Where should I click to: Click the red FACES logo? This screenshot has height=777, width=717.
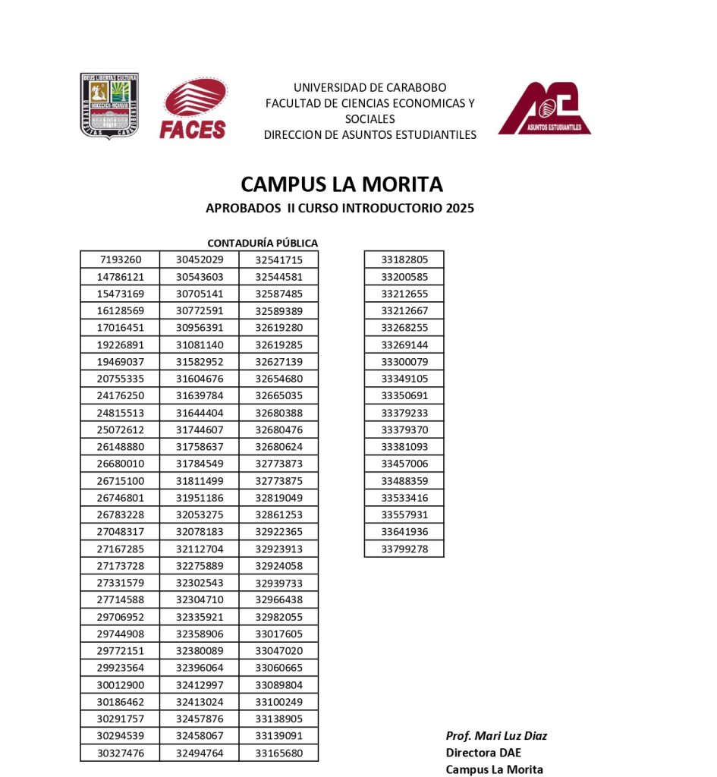[x=193, y=110]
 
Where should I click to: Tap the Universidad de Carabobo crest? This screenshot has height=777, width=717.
[x=109, y=105]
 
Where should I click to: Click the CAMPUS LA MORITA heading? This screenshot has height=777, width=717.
[x=341, y=184]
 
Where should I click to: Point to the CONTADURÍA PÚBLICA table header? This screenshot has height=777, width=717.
[x=263, y=243]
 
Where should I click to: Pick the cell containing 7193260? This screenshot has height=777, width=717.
[x=121, y=260]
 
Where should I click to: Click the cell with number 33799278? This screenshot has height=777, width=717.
[x=404, y=549]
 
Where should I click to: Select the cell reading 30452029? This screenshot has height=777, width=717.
[x=200, y=260]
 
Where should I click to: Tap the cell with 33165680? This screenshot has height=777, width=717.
[x=278, y=753]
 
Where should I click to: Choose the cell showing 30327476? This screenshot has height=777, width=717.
[x=121, y=753]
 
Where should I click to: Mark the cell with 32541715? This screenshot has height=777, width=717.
[x=278, y=260]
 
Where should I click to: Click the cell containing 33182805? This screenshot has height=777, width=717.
[x=404, y=260]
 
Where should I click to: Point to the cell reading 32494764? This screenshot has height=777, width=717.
[x=200, y=753]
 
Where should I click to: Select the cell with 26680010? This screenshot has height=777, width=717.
[x=121, y=464]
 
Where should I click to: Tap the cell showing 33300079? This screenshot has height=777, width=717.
[x=404, y=361]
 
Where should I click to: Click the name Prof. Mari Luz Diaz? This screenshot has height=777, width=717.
[x=496, y=736]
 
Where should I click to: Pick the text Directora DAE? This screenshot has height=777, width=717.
[x=483, y=753]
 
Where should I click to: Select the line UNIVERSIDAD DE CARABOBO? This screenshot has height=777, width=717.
[x=370, y=87]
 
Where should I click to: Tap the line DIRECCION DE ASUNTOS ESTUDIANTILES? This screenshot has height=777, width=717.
[x=370, y=135]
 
